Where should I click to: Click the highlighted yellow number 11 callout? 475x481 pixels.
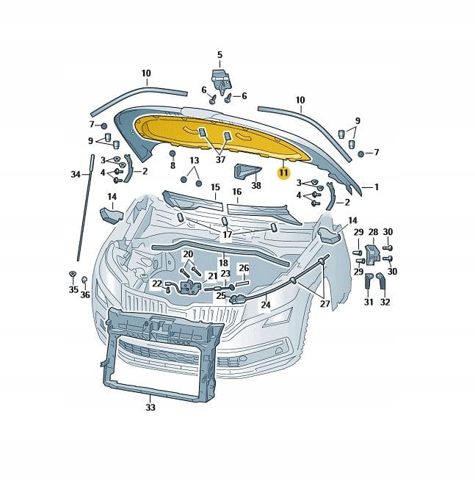tap(283, 173)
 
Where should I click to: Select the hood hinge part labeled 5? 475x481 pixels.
tap(220, 80)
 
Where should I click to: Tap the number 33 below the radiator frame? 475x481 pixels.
tap(151, 408)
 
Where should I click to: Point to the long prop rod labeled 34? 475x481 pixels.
tap(85, 208)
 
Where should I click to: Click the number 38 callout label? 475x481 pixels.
tap(256, 185)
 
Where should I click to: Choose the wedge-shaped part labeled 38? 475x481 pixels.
tap(247, 172)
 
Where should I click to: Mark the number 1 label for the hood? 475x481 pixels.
tap(377, 187)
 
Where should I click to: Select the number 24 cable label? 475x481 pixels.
tap(266, 305)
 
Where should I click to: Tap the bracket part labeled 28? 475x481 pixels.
tap(373, 254)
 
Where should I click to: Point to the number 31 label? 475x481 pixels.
tap(369, 302)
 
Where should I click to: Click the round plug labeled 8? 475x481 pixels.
tap(173, 153)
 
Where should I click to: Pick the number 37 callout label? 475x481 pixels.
tap(220, 159)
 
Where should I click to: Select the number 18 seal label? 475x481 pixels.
tap(223, 263)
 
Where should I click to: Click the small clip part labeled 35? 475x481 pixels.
tap(73, 274)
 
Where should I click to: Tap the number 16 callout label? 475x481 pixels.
tap(236, 192)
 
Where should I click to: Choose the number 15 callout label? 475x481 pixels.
tap(215, 187)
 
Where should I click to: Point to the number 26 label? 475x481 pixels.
tap(244, 268)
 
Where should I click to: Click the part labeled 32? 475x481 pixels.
tap(382, 281)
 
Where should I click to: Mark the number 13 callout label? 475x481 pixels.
tap(194, 160)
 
